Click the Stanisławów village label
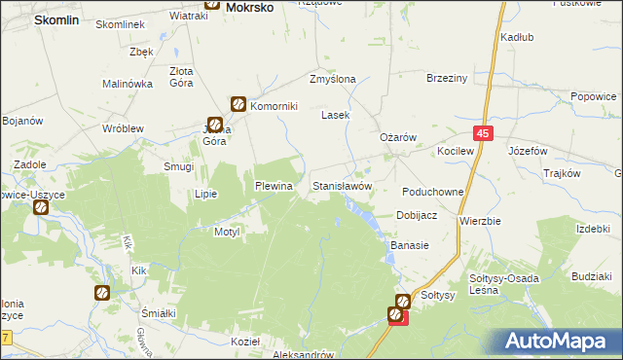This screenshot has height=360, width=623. point(342,185)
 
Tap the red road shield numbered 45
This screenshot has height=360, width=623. point(484,133)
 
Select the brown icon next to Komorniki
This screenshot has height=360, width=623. point(238,104)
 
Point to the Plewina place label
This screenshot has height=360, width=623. point(274,185)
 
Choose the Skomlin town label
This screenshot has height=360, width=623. point(56,19)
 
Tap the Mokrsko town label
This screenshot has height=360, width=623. point(249,7)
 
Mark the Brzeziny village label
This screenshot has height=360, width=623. point(448,79)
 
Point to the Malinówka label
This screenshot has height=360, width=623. point(128,84)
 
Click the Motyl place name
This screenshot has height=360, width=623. point(227,233)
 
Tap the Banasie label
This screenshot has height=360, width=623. point(410,245)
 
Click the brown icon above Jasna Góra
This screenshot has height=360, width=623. point(215,125)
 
